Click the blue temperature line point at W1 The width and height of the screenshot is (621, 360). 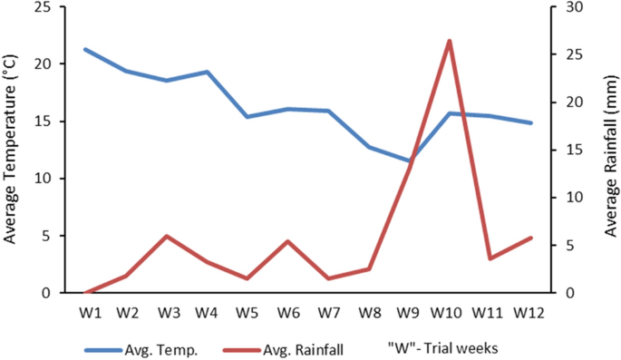pyautogui.click(x=85, y=49)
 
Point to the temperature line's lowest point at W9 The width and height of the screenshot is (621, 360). pyautogui.click(x=409, y=161)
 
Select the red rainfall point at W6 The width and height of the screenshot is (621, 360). pyautogui.click(x=287, y=241)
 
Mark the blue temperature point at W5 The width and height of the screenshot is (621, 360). pyautogui.click(x=247, y=117)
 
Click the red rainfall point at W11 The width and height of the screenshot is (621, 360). pyautogui.click(x=490, y=258)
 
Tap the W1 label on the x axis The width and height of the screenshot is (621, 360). pyautogui.click(x=86, y=313)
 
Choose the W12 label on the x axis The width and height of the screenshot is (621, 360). pyautogui.click(x=530, y=313)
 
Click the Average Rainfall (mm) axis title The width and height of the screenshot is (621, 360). pyautogui.click(x=610, y=150)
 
